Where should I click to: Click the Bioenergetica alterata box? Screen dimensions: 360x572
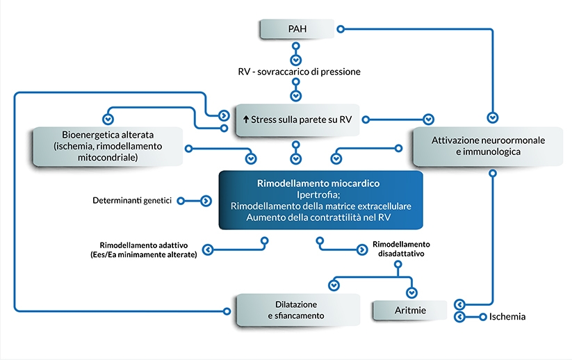pyautogui.click(x=107, y=145)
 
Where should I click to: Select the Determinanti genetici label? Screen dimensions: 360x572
pyautogui.click(x=131, y=200)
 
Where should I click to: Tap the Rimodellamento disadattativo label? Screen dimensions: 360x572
pyautogui.click(x=401, y=249)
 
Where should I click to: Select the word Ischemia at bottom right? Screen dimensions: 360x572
pyautogui.click(x=507, y=317)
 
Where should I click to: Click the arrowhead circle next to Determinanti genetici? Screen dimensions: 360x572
pyautogui.click(x=206, y=200)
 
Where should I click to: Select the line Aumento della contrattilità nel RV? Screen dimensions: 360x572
pyautogui.click(x=320, y=218)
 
